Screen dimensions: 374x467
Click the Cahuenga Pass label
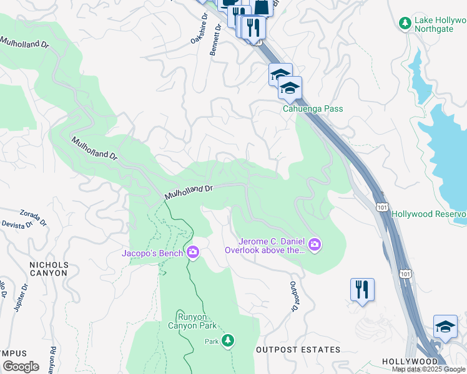pos(313,109)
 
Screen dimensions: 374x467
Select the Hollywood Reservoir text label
pos(429,214)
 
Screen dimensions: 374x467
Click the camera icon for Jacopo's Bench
pos(193,252)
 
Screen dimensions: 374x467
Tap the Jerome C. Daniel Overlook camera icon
pos(315,244)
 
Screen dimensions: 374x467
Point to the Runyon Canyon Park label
pos(191,320)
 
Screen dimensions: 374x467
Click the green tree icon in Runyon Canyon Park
pos(229,340)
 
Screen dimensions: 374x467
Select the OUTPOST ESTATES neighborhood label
pos(298,350)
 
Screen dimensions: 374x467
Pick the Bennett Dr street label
pos(215,40)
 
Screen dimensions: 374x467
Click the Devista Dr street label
pos(16,224)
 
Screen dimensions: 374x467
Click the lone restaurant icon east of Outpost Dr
pos(362,289)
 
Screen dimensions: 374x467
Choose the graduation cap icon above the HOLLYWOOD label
pos(445,327)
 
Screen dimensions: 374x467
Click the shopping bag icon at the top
pos(263,6)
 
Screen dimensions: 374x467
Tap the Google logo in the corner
pos(21,367)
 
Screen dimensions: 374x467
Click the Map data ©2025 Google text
pos(429,369)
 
